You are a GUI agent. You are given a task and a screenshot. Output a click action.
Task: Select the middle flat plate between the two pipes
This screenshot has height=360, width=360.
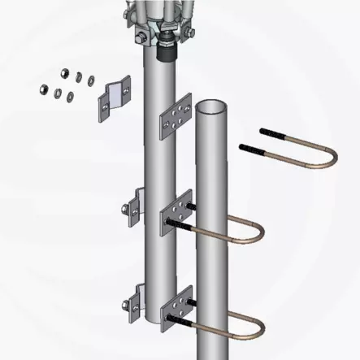tap(177, 213)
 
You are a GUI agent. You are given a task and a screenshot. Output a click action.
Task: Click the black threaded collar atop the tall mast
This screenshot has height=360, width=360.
tap(169, 49)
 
